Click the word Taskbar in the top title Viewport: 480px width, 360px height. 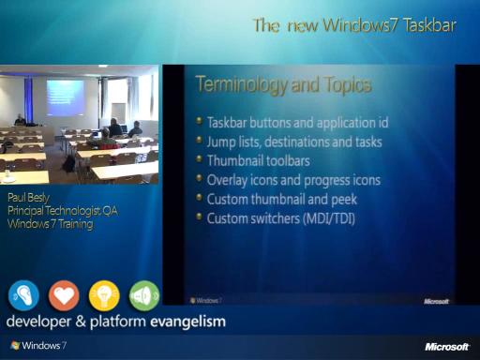tap(429, 25)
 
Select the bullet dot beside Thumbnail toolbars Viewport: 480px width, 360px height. tap(199, 159)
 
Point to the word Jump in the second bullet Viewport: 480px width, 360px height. tap(221, 142)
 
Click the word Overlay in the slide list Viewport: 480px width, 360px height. tap(227, 181)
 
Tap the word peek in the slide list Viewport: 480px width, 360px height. tap(344, 200)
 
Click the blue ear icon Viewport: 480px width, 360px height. tap(23, 295)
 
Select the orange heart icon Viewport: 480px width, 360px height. tap(64, 295)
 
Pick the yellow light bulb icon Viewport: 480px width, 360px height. tap(104, 295)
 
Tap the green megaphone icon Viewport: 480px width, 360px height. tap(144, 295)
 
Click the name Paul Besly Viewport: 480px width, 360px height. tap(28, 198)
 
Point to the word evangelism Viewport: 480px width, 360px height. tap(187, 322)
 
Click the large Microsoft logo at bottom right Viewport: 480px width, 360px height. tap(447, 347)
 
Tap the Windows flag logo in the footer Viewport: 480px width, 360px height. tap(15, 345)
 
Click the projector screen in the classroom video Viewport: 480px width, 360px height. tap(65, 97)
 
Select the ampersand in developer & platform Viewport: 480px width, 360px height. tap(81, 322)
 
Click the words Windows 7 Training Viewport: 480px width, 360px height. tap(51, 224)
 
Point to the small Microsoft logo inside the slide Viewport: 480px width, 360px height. tap(436, 301)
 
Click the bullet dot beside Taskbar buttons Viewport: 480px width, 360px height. tap(199, 121)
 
